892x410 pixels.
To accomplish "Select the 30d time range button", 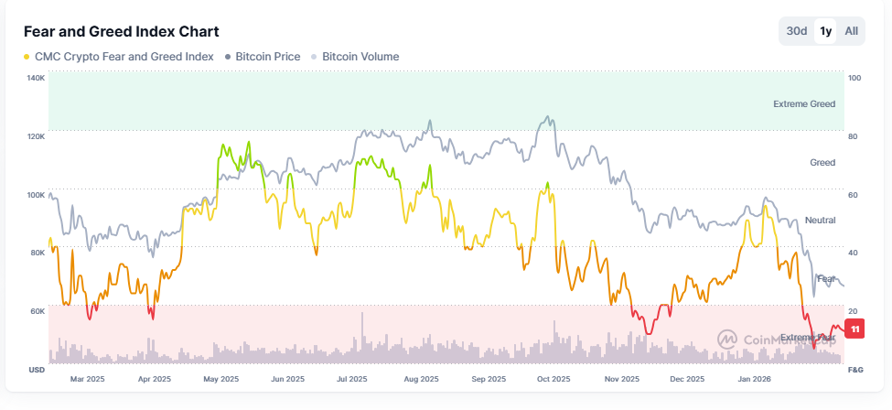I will [797, 31].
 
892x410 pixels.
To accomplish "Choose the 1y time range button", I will [826, 31].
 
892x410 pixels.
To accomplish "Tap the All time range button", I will [852, 31].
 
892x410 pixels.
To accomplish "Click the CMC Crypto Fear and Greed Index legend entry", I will [124, 57].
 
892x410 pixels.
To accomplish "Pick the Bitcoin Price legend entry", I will [267, 57].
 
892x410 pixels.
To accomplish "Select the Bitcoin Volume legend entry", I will [360, 57].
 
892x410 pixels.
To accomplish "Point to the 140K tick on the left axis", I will [36, 79].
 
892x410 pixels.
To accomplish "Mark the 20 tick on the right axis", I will [854, 311].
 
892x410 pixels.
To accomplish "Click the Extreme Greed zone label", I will [803, 104].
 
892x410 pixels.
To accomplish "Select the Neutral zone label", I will [820, 221].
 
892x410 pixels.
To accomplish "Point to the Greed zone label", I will [822, 163].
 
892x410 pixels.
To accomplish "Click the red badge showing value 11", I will [854, 329].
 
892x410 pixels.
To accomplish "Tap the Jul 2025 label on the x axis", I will [352, 378].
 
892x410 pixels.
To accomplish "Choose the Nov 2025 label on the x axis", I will [622, 378].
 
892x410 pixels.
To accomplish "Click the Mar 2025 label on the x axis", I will [88, 378].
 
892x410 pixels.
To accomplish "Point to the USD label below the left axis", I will [38, 370].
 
